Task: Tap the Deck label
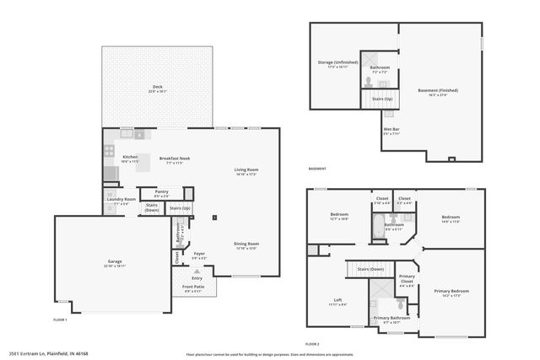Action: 157,87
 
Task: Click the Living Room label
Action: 246,169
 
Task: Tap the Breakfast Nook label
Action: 175,158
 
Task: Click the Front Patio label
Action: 194,288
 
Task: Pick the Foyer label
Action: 199,253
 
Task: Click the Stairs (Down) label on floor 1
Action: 152,207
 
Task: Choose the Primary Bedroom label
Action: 451,291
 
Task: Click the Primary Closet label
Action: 407,279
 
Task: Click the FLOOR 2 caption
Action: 312,344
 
